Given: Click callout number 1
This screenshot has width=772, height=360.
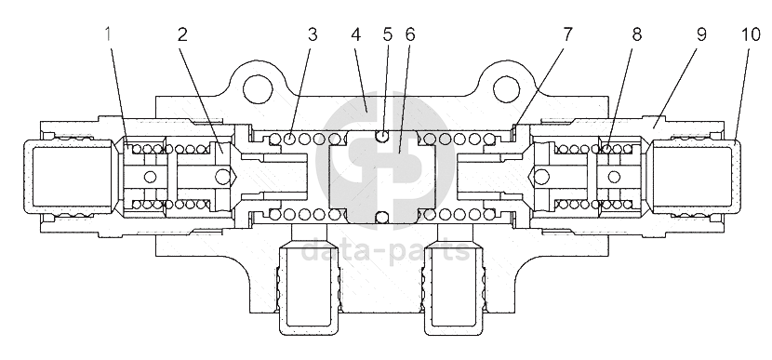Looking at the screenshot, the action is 108,34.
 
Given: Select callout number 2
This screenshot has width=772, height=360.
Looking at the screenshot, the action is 182,34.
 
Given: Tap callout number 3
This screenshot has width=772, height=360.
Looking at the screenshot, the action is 313,34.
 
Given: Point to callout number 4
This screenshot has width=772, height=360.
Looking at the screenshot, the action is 356,34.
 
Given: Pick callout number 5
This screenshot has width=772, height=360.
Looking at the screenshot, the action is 388,34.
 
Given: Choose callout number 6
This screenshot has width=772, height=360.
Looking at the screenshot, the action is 410,34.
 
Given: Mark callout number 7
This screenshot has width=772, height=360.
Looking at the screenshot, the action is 567,34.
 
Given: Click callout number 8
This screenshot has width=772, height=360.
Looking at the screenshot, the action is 637,34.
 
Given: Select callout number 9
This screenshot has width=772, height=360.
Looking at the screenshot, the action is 701,34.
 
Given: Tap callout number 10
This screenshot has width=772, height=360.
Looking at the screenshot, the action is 751,34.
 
